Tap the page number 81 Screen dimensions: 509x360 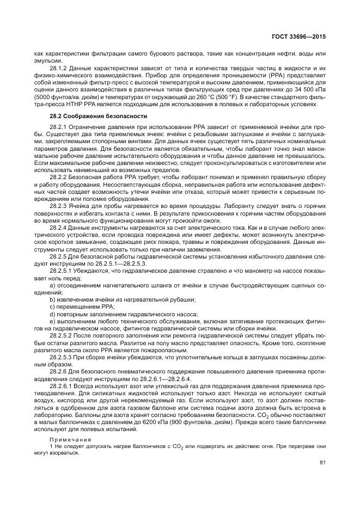[322, 463]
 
